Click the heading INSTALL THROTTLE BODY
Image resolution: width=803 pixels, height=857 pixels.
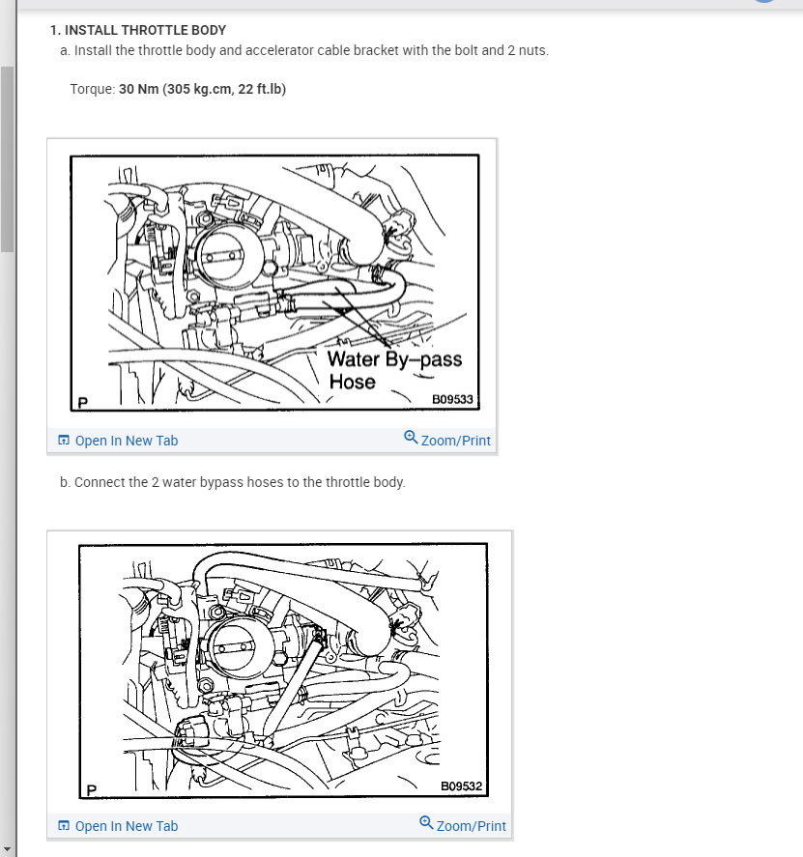pos(145,30)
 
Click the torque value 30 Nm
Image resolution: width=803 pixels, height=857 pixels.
pos(139,89)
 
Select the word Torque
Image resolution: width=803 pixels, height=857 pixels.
pos(91,90)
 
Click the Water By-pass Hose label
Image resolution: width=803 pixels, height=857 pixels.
pos(394,370)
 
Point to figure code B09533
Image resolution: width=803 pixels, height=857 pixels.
pos(452,400)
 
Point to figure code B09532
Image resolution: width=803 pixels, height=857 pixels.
pos(461,786)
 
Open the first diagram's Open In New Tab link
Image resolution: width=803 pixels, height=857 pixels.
pos(127,441)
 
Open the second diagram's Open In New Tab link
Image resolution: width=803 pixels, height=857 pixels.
pos(127,826)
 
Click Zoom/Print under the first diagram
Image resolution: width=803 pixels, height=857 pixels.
pos(456,441)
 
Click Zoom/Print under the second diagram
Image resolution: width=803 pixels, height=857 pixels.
pos(472,826)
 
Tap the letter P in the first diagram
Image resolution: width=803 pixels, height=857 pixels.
pos(83,403)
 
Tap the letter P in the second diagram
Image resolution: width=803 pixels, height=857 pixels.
pos(91,790)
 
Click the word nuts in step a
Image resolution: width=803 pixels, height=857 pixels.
pos(533,51)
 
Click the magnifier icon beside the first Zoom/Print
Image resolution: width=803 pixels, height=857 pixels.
pos(411,438)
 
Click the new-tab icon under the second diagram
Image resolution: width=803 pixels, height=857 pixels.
pos(64,825)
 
